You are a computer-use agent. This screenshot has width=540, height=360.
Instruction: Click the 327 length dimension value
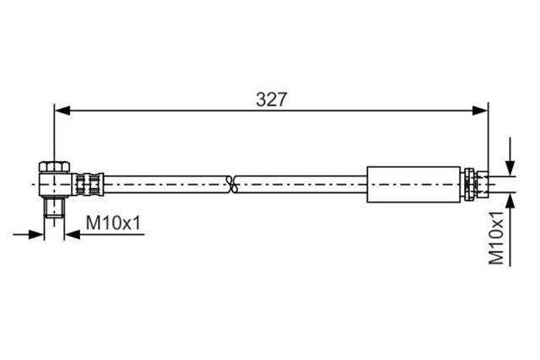click(x=272, y=98)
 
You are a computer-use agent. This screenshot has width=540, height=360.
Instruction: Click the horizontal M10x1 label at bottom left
click(x=114, y=223)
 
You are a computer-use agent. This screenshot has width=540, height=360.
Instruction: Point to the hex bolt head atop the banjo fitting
click(x=53, y=164)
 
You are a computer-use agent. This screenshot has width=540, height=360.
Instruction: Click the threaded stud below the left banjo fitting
click(x=55, y=207)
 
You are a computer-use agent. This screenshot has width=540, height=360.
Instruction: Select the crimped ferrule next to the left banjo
click(x=88, y=181)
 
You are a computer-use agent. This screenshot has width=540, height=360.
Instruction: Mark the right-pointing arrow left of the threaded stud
click(x=36, y=232)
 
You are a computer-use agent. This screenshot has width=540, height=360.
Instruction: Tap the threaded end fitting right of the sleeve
click(x=484, y=182)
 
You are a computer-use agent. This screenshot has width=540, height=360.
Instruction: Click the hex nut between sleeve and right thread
click(x=470, y=182)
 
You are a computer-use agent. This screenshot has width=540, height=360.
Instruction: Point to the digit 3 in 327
click(x=261, y=98)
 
